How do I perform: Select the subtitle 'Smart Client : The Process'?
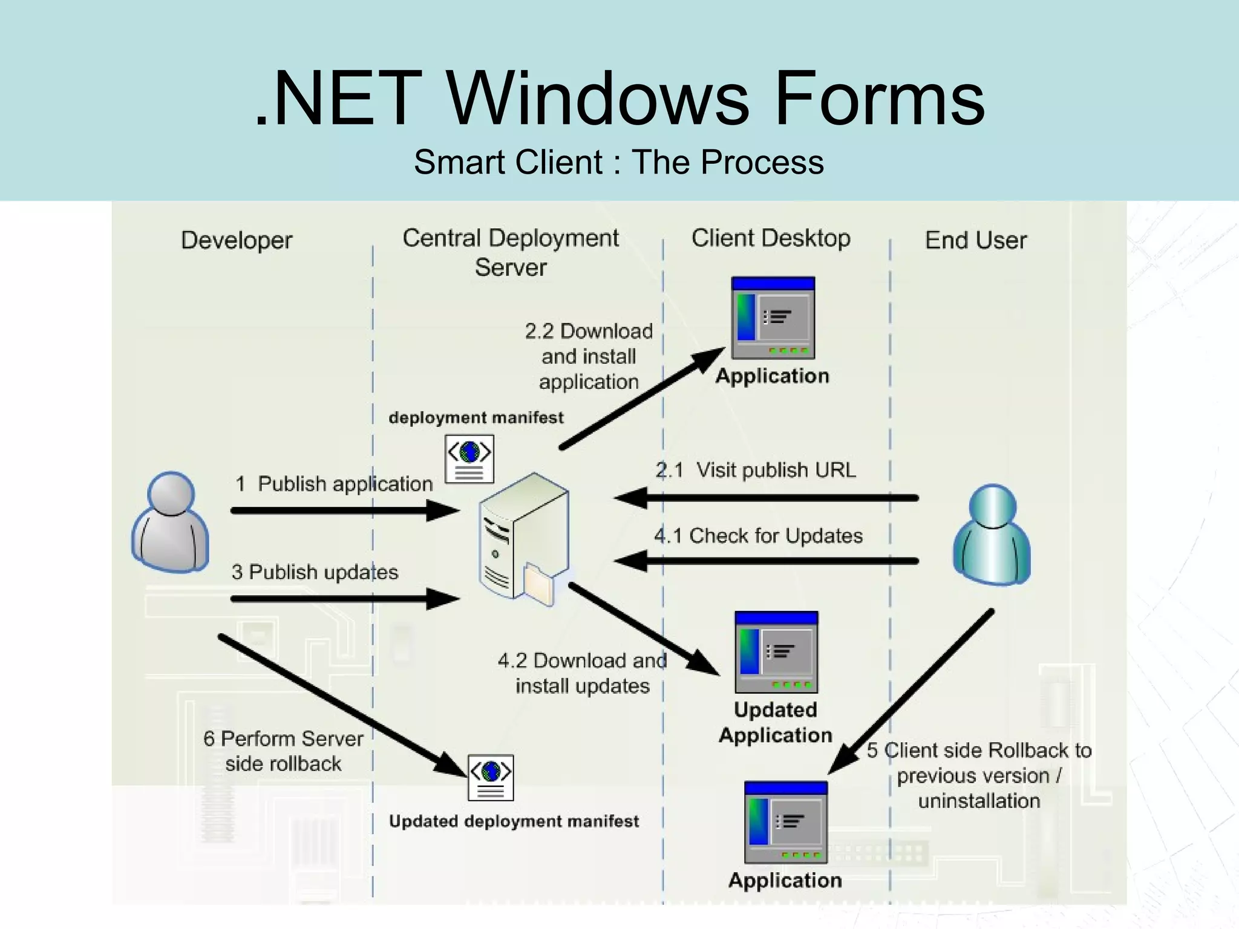click(x=618, y=162)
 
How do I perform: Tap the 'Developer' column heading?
click(x=237, y=240)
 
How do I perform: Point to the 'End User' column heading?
click(x=975, y=240)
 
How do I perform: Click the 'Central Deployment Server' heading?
click(x=511, y=252)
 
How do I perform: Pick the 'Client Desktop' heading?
click(x=771, y=238)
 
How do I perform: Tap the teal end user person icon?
click(x=992, y=535)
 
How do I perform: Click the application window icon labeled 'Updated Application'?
click(x=776, y=652)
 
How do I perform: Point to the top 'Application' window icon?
click(x=773, y=318)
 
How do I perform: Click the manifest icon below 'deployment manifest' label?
click(x=469, y=458)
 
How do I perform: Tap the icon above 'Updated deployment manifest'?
click(x=491, y=777)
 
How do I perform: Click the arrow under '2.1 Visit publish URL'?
click(x=766, y=498)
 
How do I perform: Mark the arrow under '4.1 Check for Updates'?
click(x=766, y=561)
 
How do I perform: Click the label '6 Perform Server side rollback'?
click(x=283, y=751)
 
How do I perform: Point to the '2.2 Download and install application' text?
click(x=588, y=356)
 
